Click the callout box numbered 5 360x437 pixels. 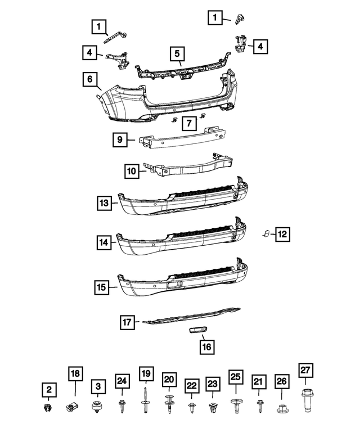[x=177, y=54]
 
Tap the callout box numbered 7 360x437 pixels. [x=189, y=123]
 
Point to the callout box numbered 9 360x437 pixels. [x=120, y=139]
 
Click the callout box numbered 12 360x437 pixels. [x=283, y=233]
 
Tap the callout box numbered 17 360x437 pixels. [x=128, y=322]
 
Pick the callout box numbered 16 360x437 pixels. [x=207, y=346]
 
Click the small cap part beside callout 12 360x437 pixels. [x=265, y=233]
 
